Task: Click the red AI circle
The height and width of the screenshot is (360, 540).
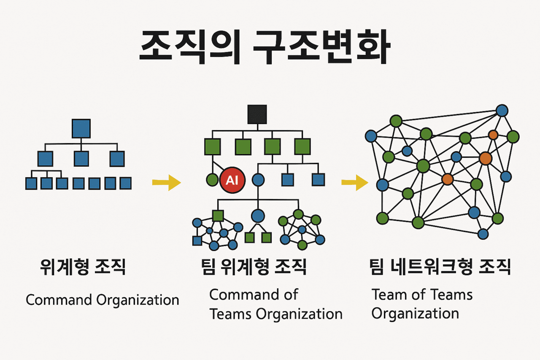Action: (x=232, y=180)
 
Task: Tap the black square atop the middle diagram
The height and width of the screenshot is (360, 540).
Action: (x=257, y=114)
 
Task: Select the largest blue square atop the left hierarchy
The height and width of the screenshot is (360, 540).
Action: (x=81, y=128)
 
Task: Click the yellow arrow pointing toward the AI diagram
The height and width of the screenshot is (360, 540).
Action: (x=166, y=182)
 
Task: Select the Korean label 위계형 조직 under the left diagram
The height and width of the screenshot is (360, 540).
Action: (x=82, y=267)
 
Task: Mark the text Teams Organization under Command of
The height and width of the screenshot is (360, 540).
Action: (x=276, y=314)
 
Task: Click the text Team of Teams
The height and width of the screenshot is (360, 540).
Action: (x=422, y=295)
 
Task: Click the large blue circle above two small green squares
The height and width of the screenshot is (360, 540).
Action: (x=258, y=216)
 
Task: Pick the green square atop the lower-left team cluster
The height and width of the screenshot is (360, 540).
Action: (x=218, y=216)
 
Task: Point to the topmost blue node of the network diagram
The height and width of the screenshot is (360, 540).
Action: (x=501, y=111)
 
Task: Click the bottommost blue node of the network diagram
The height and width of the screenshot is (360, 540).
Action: (x=483, y=234)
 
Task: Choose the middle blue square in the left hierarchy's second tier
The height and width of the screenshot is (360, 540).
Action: (x=81, y=159)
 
